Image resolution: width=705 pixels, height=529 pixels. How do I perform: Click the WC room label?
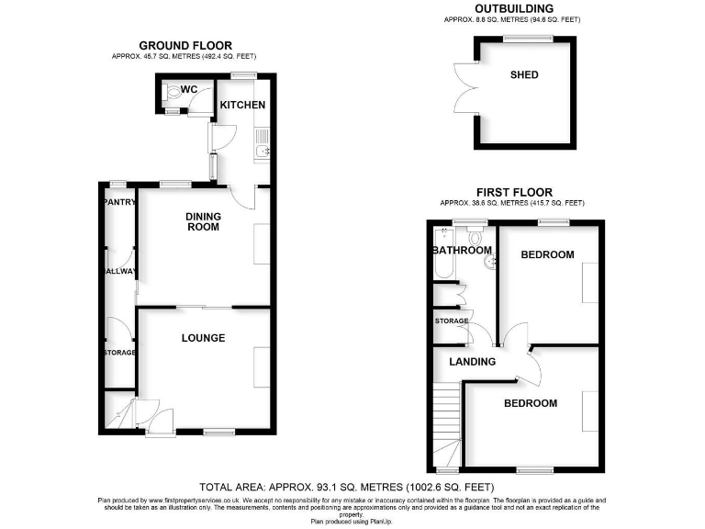click(189, 89)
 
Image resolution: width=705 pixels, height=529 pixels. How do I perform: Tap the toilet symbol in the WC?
click(172, 92)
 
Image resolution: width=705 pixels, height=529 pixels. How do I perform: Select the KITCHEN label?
click(242, 105)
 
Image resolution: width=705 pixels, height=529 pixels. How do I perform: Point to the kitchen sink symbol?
click(262, 152)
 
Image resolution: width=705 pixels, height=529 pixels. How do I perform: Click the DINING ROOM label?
click(203, 221)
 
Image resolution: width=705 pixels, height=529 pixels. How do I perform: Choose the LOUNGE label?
click(203, 338)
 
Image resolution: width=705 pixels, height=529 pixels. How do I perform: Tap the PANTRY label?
click(119, 202)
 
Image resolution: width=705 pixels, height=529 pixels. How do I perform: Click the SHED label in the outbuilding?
click(524, 74)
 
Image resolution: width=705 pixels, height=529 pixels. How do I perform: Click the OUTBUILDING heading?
click(513, 8)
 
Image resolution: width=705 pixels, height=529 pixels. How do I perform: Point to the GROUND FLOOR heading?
click(185, 45)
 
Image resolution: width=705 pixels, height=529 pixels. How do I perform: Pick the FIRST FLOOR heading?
click(512, 192)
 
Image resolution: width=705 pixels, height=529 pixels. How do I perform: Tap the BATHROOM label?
click(463, 251)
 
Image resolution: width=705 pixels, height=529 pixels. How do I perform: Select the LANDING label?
click(472, 362)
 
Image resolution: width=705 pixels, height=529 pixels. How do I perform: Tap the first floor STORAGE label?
click(452, 321)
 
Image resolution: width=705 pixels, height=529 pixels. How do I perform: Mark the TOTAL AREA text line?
click(347, 486)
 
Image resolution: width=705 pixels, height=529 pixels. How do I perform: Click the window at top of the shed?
click(526, 38)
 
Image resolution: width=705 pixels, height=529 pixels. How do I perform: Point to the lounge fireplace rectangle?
click(262, 367)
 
